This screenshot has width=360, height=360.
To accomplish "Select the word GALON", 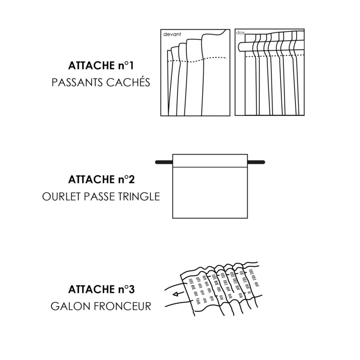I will pos(67,306).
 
